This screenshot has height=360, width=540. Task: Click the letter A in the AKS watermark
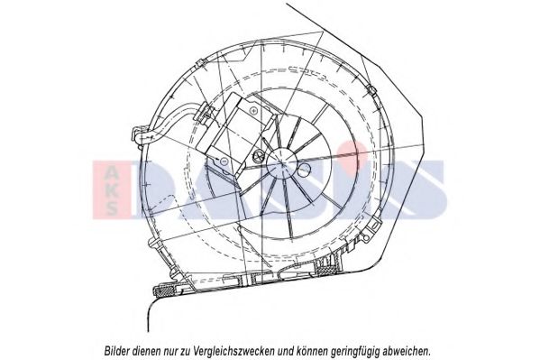[x=112, y=171]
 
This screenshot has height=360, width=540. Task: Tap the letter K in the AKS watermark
[x=112, y=190]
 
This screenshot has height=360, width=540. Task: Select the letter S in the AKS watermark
[x=112, y=208]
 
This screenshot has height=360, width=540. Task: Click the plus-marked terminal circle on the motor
[x=254, y=111]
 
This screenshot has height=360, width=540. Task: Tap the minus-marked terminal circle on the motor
[x=223, y=161]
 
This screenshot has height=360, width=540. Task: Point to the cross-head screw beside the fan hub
[x=259, y=156]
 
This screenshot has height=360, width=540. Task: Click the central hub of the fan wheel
[x=283, y=163]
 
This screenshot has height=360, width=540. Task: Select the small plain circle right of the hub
[x=305, y=168]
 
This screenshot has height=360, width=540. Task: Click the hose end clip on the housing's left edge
[x=138, y=135]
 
